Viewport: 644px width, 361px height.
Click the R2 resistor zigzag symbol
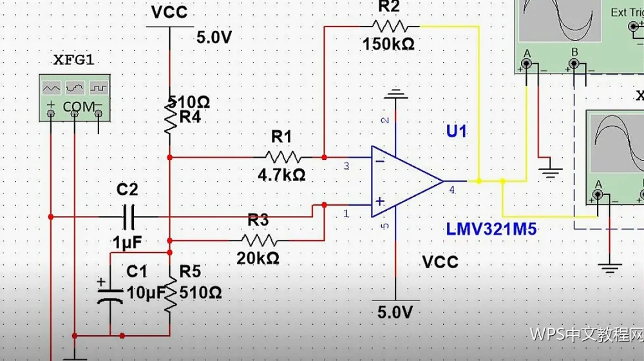tap(390, 26)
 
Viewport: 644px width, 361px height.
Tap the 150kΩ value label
tap(388, 44)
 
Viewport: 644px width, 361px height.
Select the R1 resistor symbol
tap(283, 157)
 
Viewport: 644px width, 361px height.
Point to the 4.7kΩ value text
tap(282, 175)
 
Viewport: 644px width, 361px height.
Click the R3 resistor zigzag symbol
tap(259, 240)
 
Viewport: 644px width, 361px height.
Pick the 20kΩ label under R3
tap(258, 259)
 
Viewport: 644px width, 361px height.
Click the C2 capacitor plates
tap(129, 217)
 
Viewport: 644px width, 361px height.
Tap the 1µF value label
tap(128, 242)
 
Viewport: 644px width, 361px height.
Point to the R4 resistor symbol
tap(170, 117)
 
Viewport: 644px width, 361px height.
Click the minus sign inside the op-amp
tap(380, 161)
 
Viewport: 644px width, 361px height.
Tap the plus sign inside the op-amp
tap(380, 201)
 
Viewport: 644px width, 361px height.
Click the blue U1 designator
tap(457, 132)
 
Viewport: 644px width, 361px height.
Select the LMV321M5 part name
tap(491, 229)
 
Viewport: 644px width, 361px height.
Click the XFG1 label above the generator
tap(73, 61)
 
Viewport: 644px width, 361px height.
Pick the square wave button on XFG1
tap(99, 88)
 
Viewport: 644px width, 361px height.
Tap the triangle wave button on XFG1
tap(52, 88)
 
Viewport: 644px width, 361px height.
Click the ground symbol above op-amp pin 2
tap(395, 94)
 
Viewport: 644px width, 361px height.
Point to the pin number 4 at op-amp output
tap(452, 190)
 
